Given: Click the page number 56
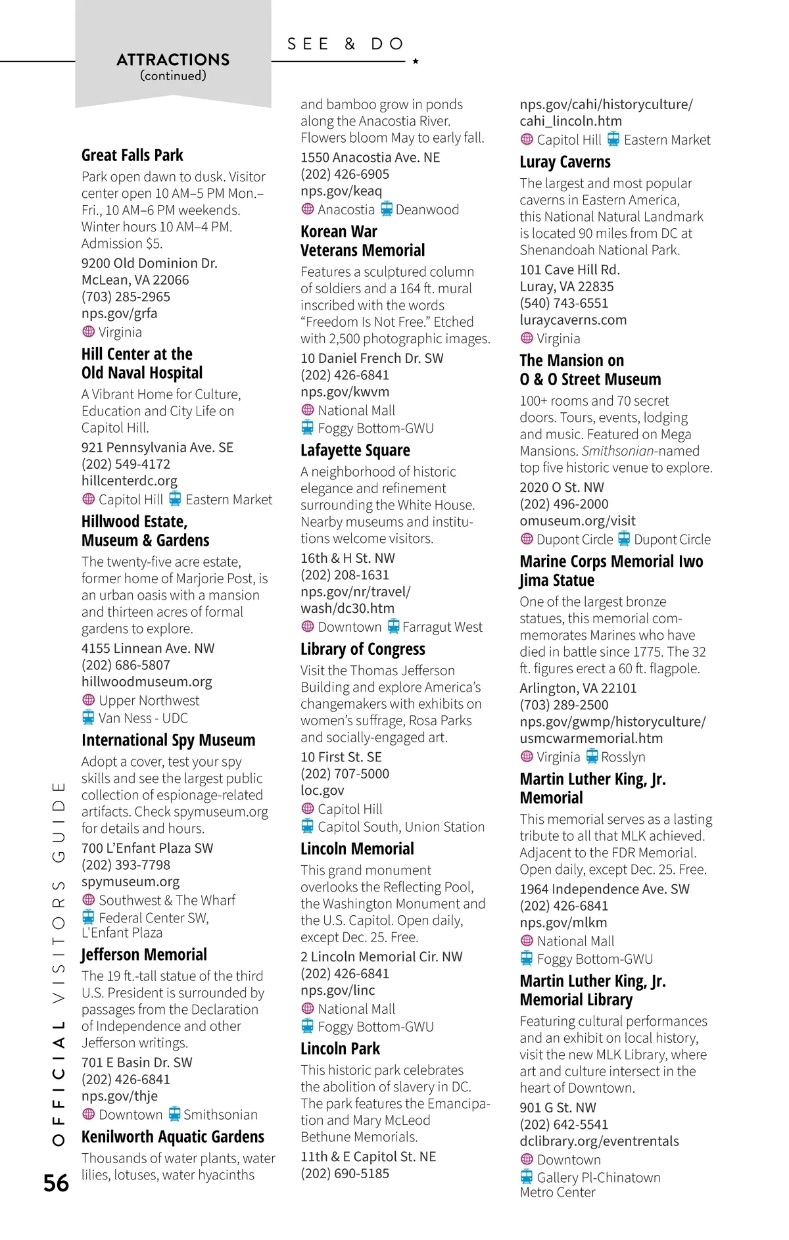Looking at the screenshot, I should (x=56, y=1183).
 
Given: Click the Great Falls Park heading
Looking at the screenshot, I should (x=132, y=155).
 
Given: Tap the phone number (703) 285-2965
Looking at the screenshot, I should (x=126, y=297).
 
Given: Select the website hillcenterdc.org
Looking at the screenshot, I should (x=130, y=481).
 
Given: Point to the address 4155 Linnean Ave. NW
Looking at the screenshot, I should (x=148, y=648).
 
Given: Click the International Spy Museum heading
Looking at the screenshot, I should (x=168, y=740).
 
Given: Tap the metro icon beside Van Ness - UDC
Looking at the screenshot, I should (x=88, y=717).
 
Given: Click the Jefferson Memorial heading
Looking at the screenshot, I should (x=144, y=955).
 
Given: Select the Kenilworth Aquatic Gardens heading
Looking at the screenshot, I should (x=173, y=1137).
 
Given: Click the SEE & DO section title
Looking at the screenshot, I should (x=345, y=44).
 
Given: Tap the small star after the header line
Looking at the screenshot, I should (x=416, y=61).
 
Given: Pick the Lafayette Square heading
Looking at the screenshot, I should (x=355, y=450).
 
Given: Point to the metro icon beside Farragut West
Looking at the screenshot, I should (x=393, y=626).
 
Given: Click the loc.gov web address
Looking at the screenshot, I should (x=322, y=790).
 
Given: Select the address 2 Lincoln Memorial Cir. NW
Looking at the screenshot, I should (x=381, y=957).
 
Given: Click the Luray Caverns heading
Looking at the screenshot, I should (x=565, y=162).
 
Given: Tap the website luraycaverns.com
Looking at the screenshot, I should (x=573, y=320).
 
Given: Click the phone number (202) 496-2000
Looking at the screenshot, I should (x=563, y=504).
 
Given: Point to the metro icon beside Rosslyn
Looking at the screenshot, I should (x=592, y=756).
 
